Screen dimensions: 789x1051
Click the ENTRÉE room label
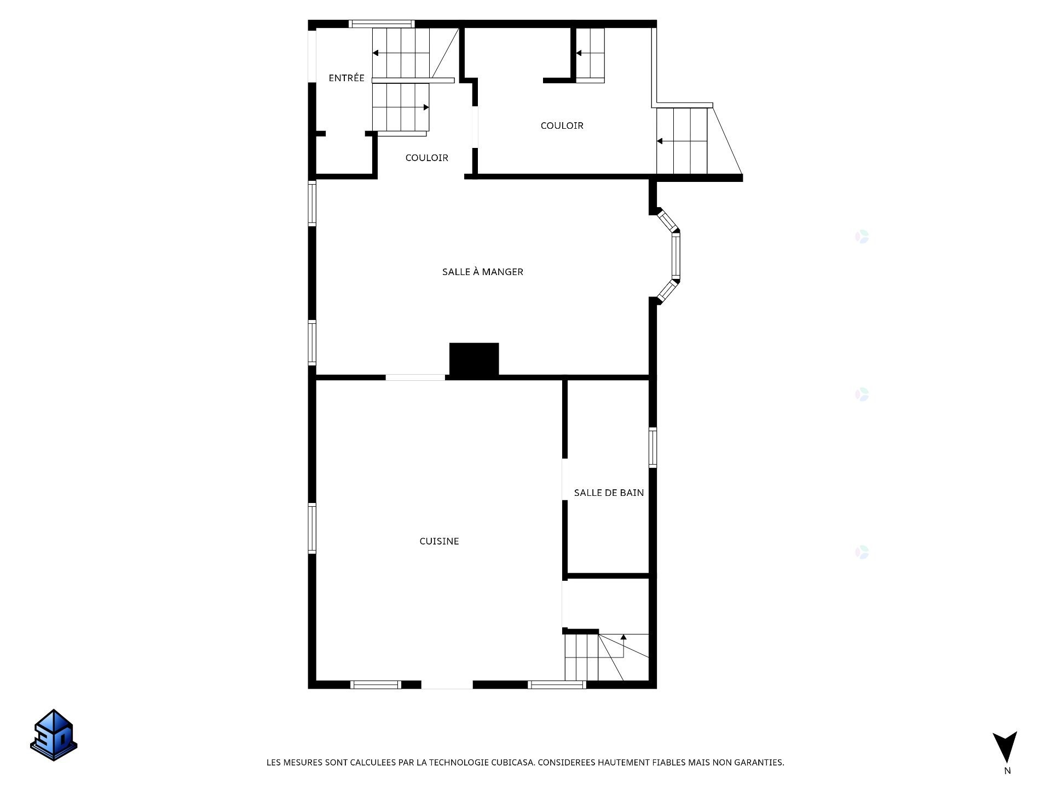pos(346,78)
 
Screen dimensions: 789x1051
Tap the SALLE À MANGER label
pos(482,272)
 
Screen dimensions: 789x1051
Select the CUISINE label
pos(439,541)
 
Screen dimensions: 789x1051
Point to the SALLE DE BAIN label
pos(608,493)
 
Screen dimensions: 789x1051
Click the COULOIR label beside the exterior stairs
pos(562,125)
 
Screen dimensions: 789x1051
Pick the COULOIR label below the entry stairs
pos(426,158)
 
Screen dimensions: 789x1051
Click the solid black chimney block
pos(474,359)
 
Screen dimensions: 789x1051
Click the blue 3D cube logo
pos(54,735)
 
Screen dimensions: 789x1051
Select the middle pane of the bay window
pos(676,256)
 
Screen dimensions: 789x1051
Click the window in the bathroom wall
pos(652,448)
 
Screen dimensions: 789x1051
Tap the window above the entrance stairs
pos(382,24)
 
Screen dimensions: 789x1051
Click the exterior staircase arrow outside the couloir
pos(660,141)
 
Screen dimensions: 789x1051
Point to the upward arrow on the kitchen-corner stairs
pos(623,637)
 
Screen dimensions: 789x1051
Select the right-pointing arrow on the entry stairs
pos(426,107)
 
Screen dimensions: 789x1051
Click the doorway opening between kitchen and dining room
pos(415,378)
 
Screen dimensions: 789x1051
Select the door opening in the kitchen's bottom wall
pos(447,685)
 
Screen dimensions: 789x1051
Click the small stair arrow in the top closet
pos(579,53)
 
